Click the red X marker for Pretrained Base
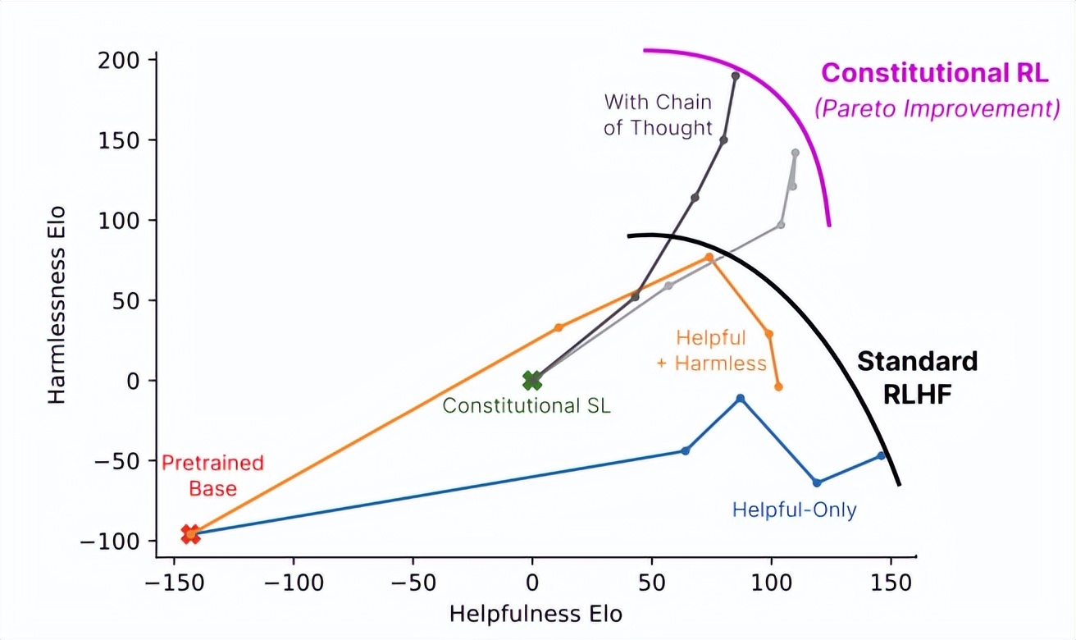coord(190,534)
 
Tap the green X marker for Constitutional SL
coord(532,380)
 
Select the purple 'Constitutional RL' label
coord(935,73)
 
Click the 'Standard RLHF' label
coord(918,377)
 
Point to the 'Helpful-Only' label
coord(794,510)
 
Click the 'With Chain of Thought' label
coord(658,115)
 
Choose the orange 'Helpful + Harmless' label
coord(712,350)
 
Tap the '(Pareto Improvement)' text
coord(937,109)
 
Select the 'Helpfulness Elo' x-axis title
coord(536,615)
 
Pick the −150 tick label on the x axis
coord(174,583)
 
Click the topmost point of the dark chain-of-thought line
coord(736,75)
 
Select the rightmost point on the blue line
coord(882,455)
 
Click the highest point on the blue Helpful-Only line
coord(741,399)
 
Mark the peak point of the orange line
coord(709,258)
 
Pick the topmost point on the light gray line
coord(795,153)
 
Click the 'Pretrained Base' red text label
coord(212,475)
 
